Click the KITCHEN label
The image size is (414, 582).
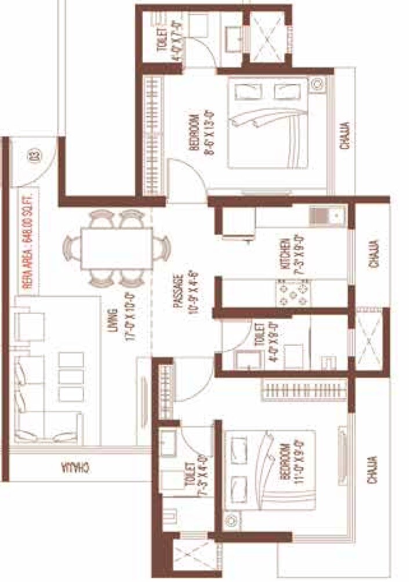coord(285,253)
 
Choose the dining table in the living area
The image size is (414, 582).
coord(117,248)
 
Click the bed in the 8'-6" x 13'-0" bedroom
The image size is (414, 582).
coord(267,122)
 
